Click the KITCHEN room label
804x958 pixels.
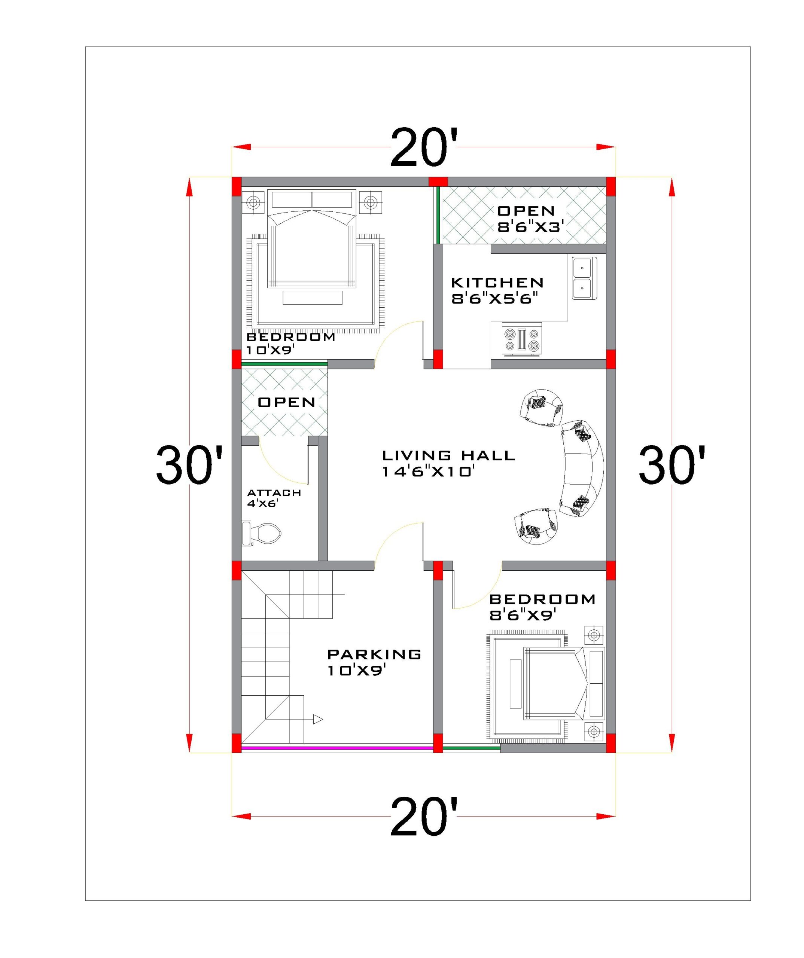coord(497,283)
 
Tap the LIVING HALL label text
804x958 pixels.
coord(448,455)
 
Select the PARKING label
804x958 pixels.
coord(374,654)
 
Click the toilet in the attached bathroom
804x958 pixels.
coord(262,533)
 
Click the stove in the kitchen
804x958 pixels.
coord(521,340)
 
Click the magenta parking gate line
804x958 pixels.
coord(337,748)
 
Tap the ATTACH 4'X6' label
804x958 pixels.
coord(274,498)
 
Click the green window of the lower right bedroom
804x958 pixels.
coord(471,748)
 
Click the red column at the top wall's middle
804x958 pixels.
coord(438,181)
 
